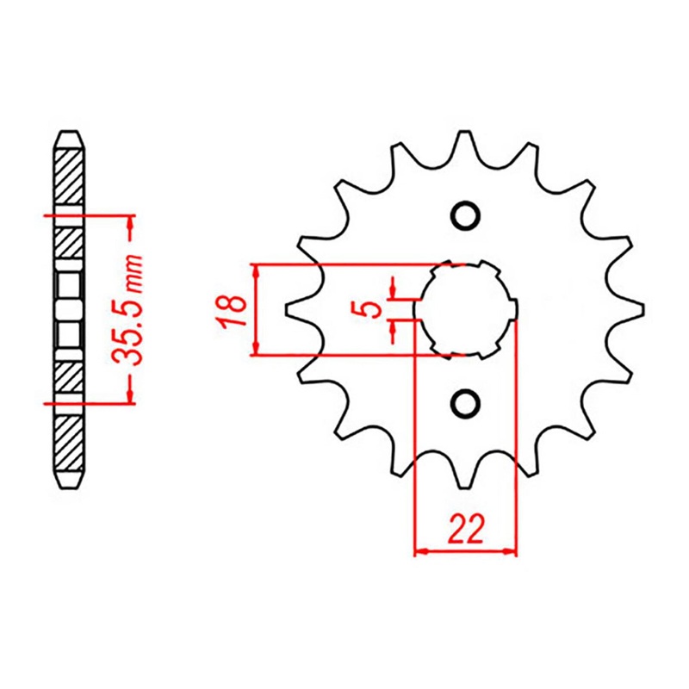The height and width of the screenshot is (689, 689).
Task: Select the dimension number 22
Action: click(x=466, y=529)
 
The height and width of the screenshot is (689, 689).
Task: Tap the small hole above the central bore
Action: click(x=465, y=214)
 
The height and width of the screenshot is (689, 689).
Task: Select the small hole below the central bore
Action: click(x=465, y=402)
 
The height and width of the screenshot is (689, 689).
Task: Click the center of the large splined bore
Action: click(x=466, y=308)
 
